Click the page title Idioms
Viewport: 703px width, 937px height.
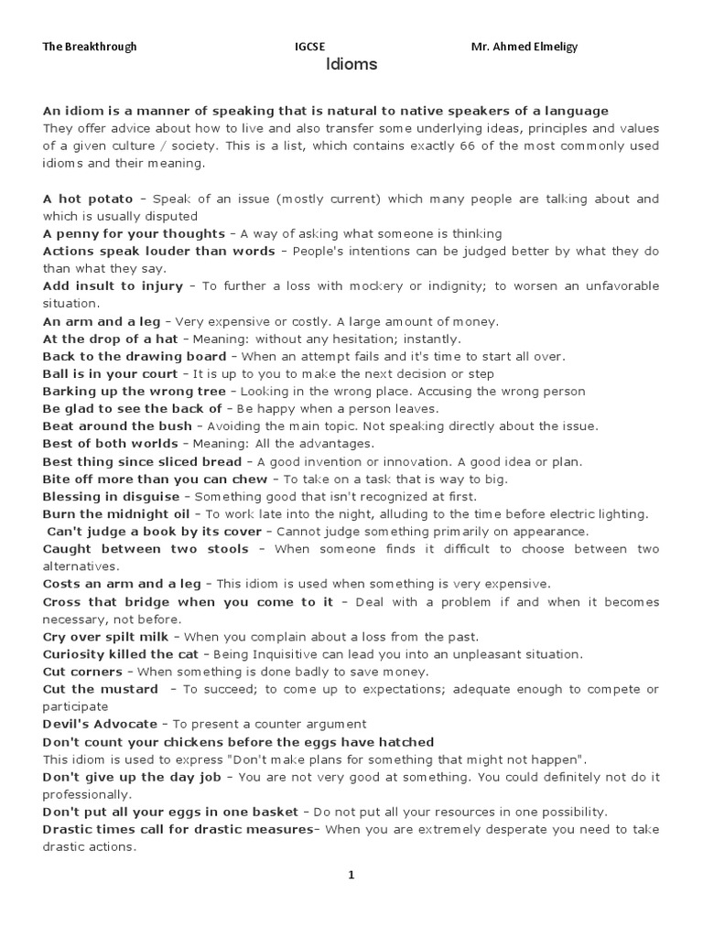click(x=351, y=65)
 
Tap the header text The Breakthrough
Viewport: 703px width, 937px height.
click(x=90, y=47)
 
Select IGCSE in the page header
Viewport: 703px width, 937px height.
click(x=309, y=47)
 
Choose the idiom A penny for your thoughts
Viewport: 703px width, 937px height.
click(x=132, y=233)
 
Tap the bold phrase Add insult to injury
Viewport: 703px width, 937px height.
click(x=113, y=286)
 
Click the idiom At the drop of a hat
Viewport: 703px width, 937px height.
click(x=110, y=339)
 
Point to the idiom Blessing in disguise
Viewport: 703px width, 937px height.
click(x=111, y=497)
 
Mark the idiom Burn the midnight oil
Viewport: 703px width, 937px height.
click(x=116, y=514)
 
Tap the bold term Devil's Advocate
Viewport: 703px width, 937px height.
click(x=100, y=724)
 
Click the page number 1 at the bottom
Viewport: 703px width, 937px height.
click(x=351, y=875)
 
